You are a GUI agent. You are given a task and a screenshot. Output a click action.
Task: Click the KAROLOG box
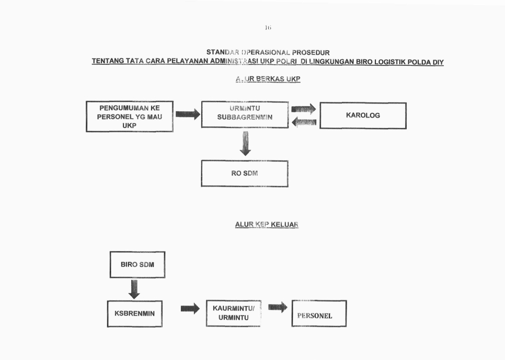tap(363, 115)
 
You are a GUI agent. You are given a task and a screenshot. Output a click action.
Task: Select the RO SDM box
tap(245, 173)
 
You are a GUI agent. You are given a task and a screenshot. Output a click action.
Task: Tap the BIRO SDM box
tap(137, 264)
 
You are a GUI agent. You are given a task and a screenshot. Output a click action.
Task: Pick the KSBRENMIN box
tap(134, 313)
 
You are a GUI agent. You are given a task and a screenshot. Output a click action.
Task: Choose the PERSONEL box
tap(318, 313)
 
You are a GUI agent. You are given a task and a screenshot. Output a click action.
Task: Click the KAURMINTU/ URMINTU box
tap(233, 313)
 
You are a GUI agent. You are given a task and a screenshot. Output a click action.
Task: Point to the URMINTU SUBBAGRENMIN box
tap(245, 113)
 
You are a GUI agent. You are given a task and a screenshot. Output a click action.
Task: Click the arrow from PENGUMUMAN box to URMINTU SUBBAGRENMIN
tap(188, 114)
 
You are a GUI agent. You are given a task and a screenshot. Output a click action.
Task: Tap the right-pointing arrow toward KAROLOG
tap(303, 109)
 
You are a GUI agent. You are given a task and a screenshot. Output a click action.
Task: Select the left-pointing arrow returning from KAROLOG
tap(303, 122)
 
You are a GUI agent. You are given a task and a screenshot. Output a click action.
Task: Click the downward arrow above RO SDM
tap(245, 144)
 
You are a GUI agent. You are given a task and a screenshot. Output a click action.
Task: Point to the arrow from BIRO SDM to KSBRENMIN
tap(134, 289)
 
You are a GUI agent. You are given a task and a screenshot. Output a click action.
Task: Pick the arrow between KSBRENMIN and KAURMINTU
tap(190, 309)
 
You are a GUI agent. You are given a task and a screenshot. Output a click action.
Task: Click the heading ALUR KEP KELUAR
tap(267, 225)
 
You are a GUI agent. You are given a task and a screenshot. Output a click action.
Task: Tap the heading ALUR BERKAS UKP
tap(267, 79)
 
